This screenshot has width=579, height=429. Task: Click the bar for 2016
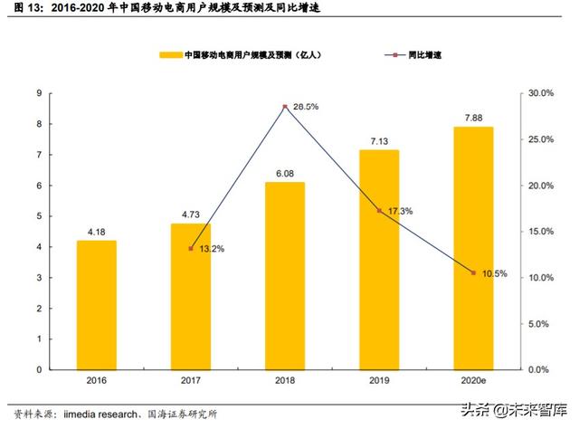[96, 304]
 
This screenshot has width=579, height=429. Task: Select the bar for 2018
[284, 275]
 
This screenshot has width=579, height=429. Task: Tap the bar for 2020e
[472, 248]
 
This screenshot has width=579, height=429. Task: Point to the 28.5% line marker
[284, 107]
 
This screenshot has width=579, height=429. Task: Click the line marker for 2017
[190, 248]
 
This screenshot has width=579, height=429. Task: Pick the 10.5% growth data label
[494, 273]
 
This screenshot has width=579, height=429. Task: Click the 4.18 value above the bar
[96, 232]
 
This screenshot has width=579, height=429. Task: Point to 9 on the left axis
[38, 93]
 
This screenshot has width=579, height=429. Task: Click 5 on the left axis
[38, 216]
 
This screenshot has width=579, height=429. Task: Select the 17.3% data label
[400, 211]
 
